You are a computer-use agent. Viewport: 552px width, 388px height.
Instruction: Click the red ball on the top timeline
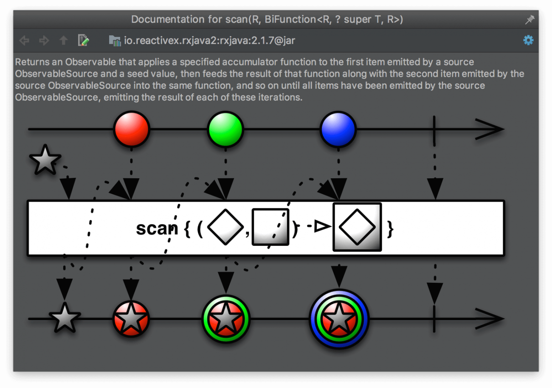(x=132, y=129)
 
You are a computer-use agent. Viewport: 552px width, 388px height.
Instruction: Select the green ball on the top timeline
(x=225, y=129)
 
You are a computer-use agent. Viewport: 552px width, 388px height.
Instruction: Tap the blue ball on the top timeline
(x=338, y=129)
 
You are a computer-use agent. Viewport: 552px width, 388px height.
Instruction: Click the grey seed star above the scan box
(x=45, y=160)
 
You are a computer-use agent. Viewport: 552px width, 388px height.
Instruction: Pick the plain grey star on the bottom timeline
(x=65, y=318)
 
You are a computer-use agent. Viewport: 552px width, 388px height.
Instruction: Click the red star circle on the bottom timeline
(x=131, y=318)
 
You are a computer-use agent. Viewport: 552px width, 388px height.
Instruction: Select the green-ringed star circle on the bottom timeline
(x=226, y=319)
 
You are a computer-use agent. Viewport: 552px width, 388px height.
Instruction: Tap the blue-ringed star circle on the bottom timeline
(x=339, y=319)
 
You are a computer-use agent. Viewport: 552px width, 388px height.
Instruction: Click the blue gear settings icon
(x=528, y=40)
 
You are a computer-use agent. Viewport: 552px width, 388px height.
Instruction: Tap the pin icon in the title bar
(x=529, y=20)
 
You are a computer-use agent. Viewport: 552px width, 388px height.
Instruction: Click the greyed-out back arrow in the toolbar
(x=25, y=41)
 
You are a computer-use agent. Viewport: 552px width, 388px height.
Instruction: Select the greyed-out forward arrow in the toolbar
(x=44, y=41)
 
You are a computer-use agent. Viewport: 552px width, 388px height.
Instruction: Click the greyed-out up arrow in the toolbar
(x=64, y=41)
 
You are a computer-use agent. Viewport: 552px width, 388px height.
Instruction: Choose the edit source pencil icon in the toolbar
(x=84, y=41)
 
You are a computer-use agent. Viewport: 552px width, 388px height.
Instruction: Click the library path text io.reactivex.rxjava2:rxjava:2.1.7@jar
(x=209, y=41)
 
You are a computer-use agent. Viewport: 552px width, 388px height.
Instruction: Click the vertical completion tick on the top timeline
(x=434, y=129)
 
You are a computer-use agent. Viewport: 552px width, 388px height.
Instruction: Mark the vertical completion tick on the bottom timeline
(x=434, y=318)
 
